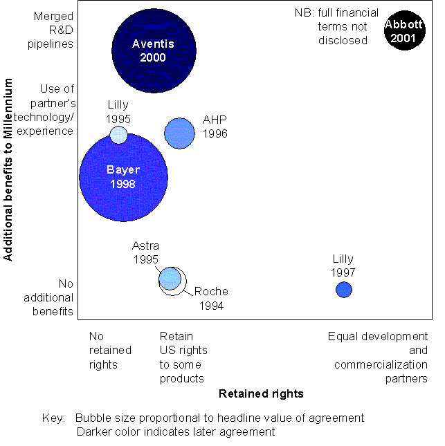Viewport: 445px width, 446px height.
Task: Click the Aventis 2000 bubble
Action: pyautogui.click(x=153, y=49)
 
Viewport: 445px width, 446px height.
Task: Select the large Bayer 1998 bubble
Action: pyautogui.click(x=123, y=177)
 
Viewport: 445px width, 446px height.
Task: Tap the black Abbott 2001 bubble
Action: pyautogui.click(x=403, y=31)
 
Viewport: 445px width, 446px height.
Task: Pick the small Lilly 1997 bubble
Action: pyautogui.click(x=344, y=290)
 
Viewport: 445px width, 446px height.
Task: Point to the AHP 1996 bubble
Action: pyautogui.click(x=179, y=133)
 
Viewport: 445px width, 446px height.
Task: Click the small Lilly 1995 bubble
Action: pyautogui.click(x=119, y=134)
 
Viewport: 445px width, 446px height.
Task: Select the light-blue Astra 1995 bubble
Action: pyautogui.click(x=170, y=278)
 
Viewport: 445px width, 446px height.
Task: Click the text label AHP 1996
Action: pyautogui.click(x=215, y=127)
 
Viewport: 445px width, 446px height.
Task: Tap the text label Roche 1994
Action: pyautogui.click(x=210, y=298)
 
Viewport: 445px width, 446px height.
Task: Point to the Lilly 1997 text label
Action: pyautogui.click(x=343, y=266)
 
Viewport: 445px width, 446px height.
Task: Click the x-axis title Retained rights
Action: pyautogui.click(x=261, y=394)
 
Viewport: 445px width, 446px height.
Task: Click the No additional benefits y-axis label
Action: pyautogui.click(x=56, y=297)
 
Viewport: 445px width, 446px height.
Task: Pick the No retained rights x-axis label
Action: pyautogui.click(x=104, y=351)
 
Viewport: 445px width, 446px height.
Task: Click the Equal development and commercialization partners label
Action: pyautogui.click(x=378, y=357)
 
